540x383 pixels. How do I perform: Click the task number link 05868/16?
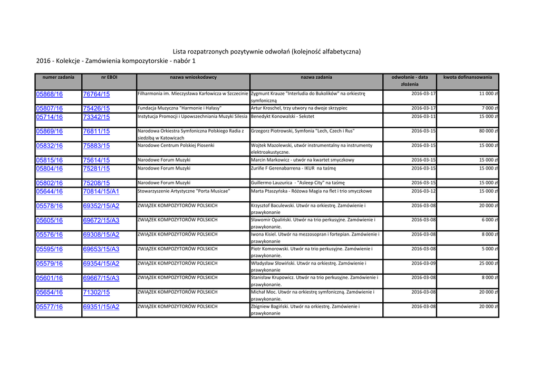49,94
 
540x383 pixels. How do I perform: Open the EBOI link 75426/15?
96,108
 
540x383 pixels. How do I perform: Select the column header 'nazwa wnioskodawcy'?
193,77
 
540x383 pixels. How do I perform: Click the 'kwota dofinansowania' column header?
467,77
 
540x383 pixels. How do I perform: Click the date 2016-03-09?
423,263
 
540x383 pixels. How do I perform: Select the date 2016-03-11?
423,116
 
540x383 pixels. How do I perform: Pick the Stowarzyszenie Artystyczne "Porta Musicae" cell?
184,191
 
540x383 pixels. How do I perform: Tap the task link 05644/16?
49,192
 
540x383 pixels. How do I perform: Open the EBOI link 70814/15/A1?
101,192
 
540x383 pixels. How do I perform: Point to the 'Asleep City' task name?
297,183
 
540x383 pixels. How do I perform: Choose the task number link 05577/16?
49,307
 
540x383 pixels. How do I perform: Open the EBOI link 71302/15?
96,292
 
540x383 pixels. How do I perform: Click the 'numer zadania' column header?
58,77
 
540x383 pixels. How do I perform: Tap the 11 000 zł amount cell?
489,94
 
